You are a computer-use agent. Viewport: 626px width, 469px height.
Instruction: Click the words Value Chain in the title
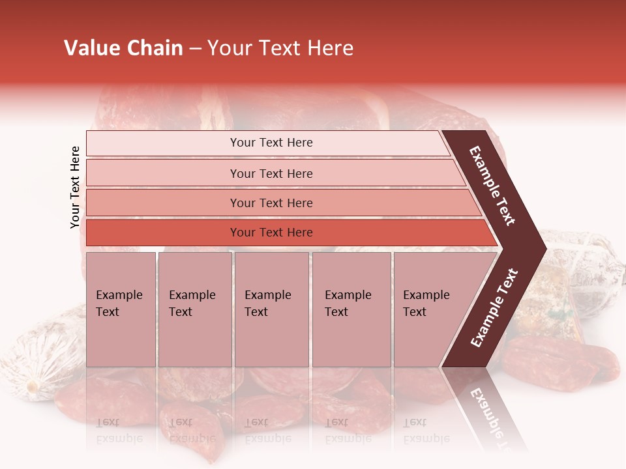pos(123,48)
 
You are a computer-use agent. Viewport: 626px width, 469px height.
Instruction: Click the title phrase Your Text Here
pos(280,48)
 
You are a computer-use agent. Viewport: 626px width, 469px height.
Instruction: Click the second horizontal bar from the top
pos(271,173)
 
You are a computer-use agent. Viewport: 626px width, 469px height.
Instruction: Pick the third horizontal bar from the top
pos(271,203)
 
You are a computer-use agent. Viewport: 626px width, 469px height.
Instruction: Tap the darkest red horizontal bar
pos(271,233)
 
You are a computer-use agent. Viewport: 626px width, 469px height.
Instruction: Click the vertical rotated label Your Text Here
pos(76,188)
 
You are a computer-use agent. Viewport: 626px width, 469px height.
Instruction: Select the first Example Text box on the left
pos(121,309)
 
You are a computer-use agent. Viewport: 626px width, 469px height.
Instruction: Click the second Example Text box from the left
pos(194,309)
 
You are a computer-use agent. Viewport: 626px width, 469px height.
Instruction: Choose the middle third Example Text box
pos(271,309)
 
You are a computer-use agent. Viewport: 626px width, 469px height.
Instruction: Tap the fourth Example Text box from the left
pos(351,309)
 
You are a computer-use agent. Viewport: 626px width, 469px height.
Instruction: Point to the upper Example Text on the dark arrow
pos(492,186)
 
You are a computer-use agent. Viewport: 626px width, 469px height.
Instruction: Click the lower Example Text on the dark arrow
pos(494,307)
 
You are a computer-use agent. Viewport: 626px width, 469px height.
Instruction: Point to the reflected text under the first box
pos(119,430)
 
